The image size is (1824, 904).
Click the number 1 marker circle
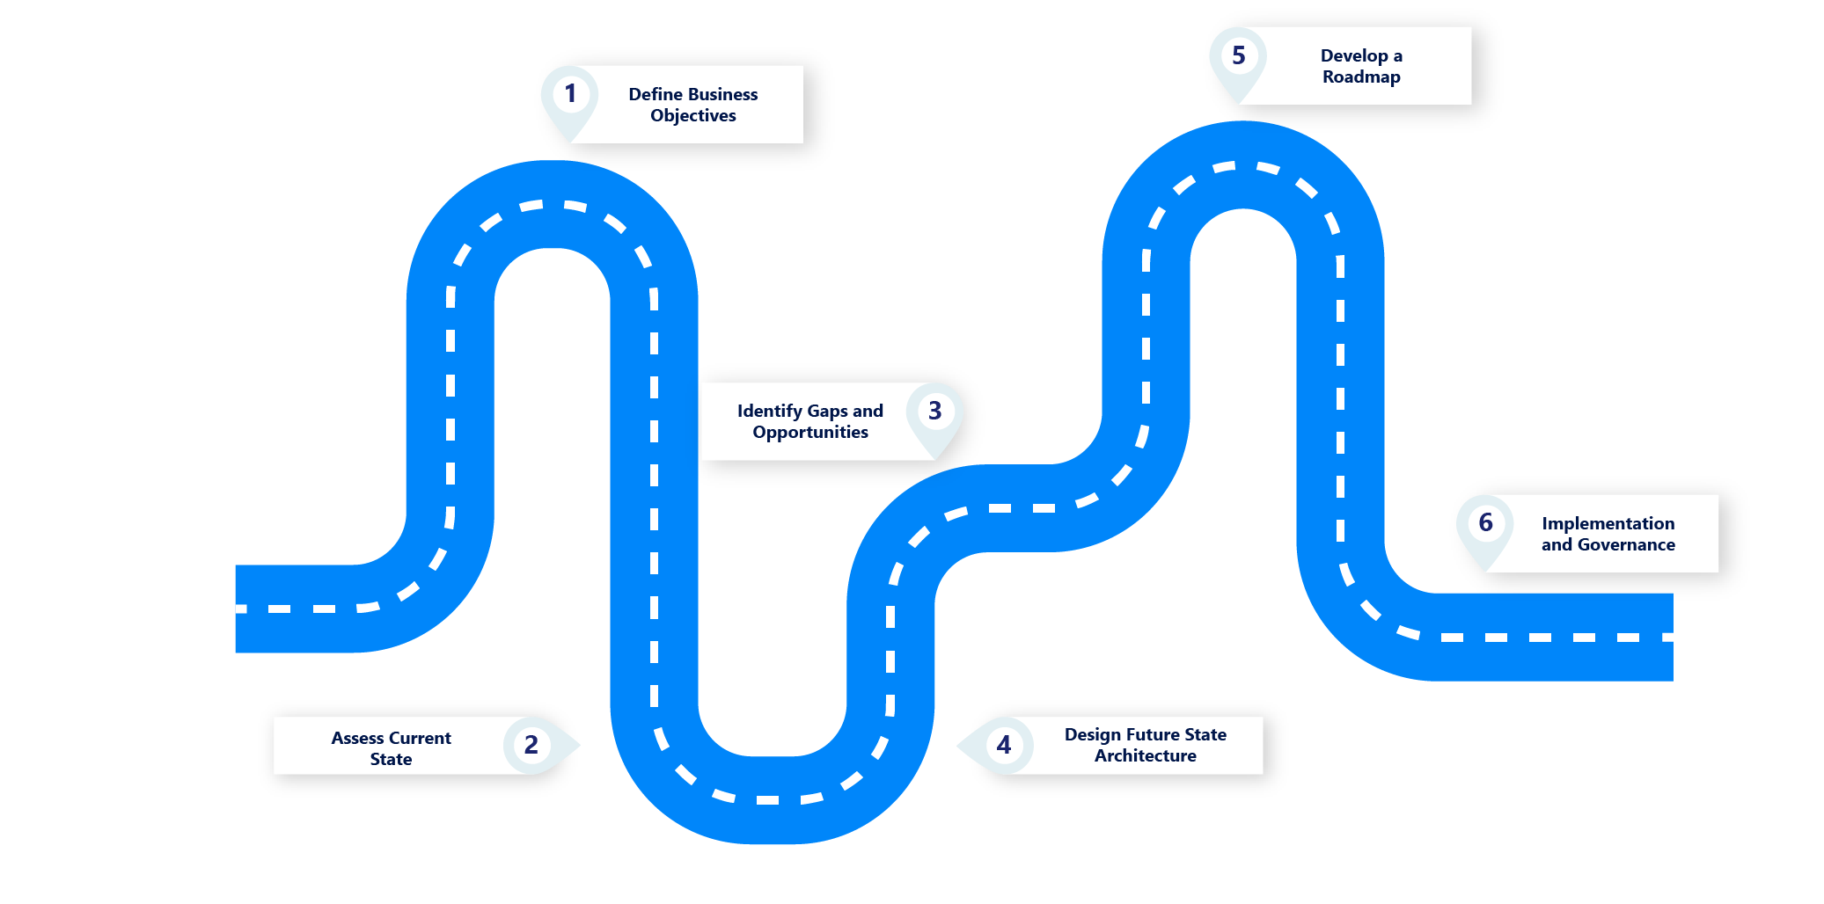[x=570, y=93]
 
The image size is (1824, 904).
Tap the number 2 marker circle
[x=531, y=745]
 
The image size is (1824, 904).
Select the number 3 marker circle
[x=934, y=411]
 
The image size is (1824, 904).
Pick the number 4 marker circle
[x=1004, y=745]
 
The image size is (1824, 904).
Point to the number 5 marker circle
[x=1239, y=55]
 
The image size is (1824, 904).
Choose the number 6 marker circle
[x=1486, y=522]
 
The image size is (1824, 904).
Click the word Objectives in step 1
[x=693, y=115]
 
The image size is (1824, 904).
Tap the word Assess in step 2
[x=357, y=738]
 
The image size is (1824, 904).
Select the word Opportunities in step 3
[x=810, y=432]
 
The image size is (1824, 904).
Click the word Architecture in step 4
[x=1146, y=755]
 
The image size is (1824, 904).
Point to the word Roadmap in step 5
[x=1361, y=77]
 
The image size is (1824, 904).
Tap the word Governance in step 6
[x=1626, y=544]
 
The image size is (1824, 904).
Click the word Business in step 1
[x=723, y=94]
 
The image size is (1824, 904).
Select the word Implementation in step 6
[x=1608, y=523]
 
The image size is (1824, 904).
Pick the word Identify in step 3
[x=770, y=411]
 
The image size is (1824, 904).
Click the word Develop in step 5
[x=1354, y=55]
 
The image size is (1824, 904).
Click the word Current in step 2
[x=421, y=738]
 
